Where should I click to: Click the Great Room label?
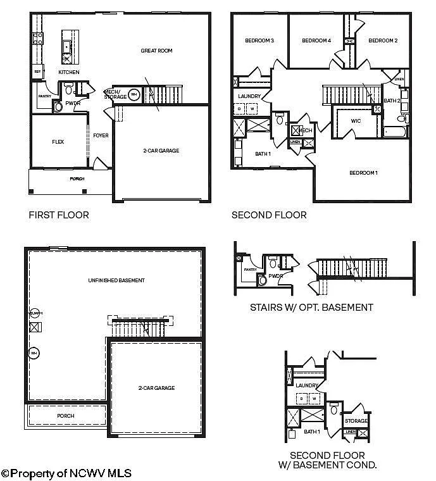(x=156, y=51)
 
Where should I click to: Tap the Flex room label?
(x=58, y=142)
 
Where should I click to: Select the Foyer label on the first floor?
(x=101, y=135)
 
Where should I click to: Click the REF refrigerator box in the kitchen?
(x=37, y=72)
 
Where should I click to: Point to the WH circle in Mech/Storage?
(x=134, y=95)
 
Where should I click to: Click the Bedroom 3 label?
(x=259, y=41)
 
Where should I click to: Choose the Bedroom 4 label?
(x=316, y=41)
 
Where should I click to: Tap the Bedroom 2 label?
(x=383, y=41)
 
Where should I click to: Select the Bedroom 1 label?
(x=363, y=173)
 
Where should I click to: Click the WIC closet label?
(x=356, y=121)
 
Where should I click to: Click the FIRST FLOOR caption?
(x=59, y=215)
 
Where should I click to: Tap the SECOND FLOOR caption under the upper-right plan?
(x=269, y=215)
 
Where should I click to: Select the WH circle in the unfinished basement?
(x=35, y=353)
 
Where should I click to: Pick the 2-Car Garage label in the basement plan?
(x=156, y=388)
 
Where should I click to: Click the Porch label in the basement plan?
(x=65, y=416)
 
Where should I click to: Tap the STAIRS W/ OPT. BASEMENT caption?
(x=312, y=308)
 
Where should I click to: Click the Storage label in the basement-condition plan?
(x=356, y=421)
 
